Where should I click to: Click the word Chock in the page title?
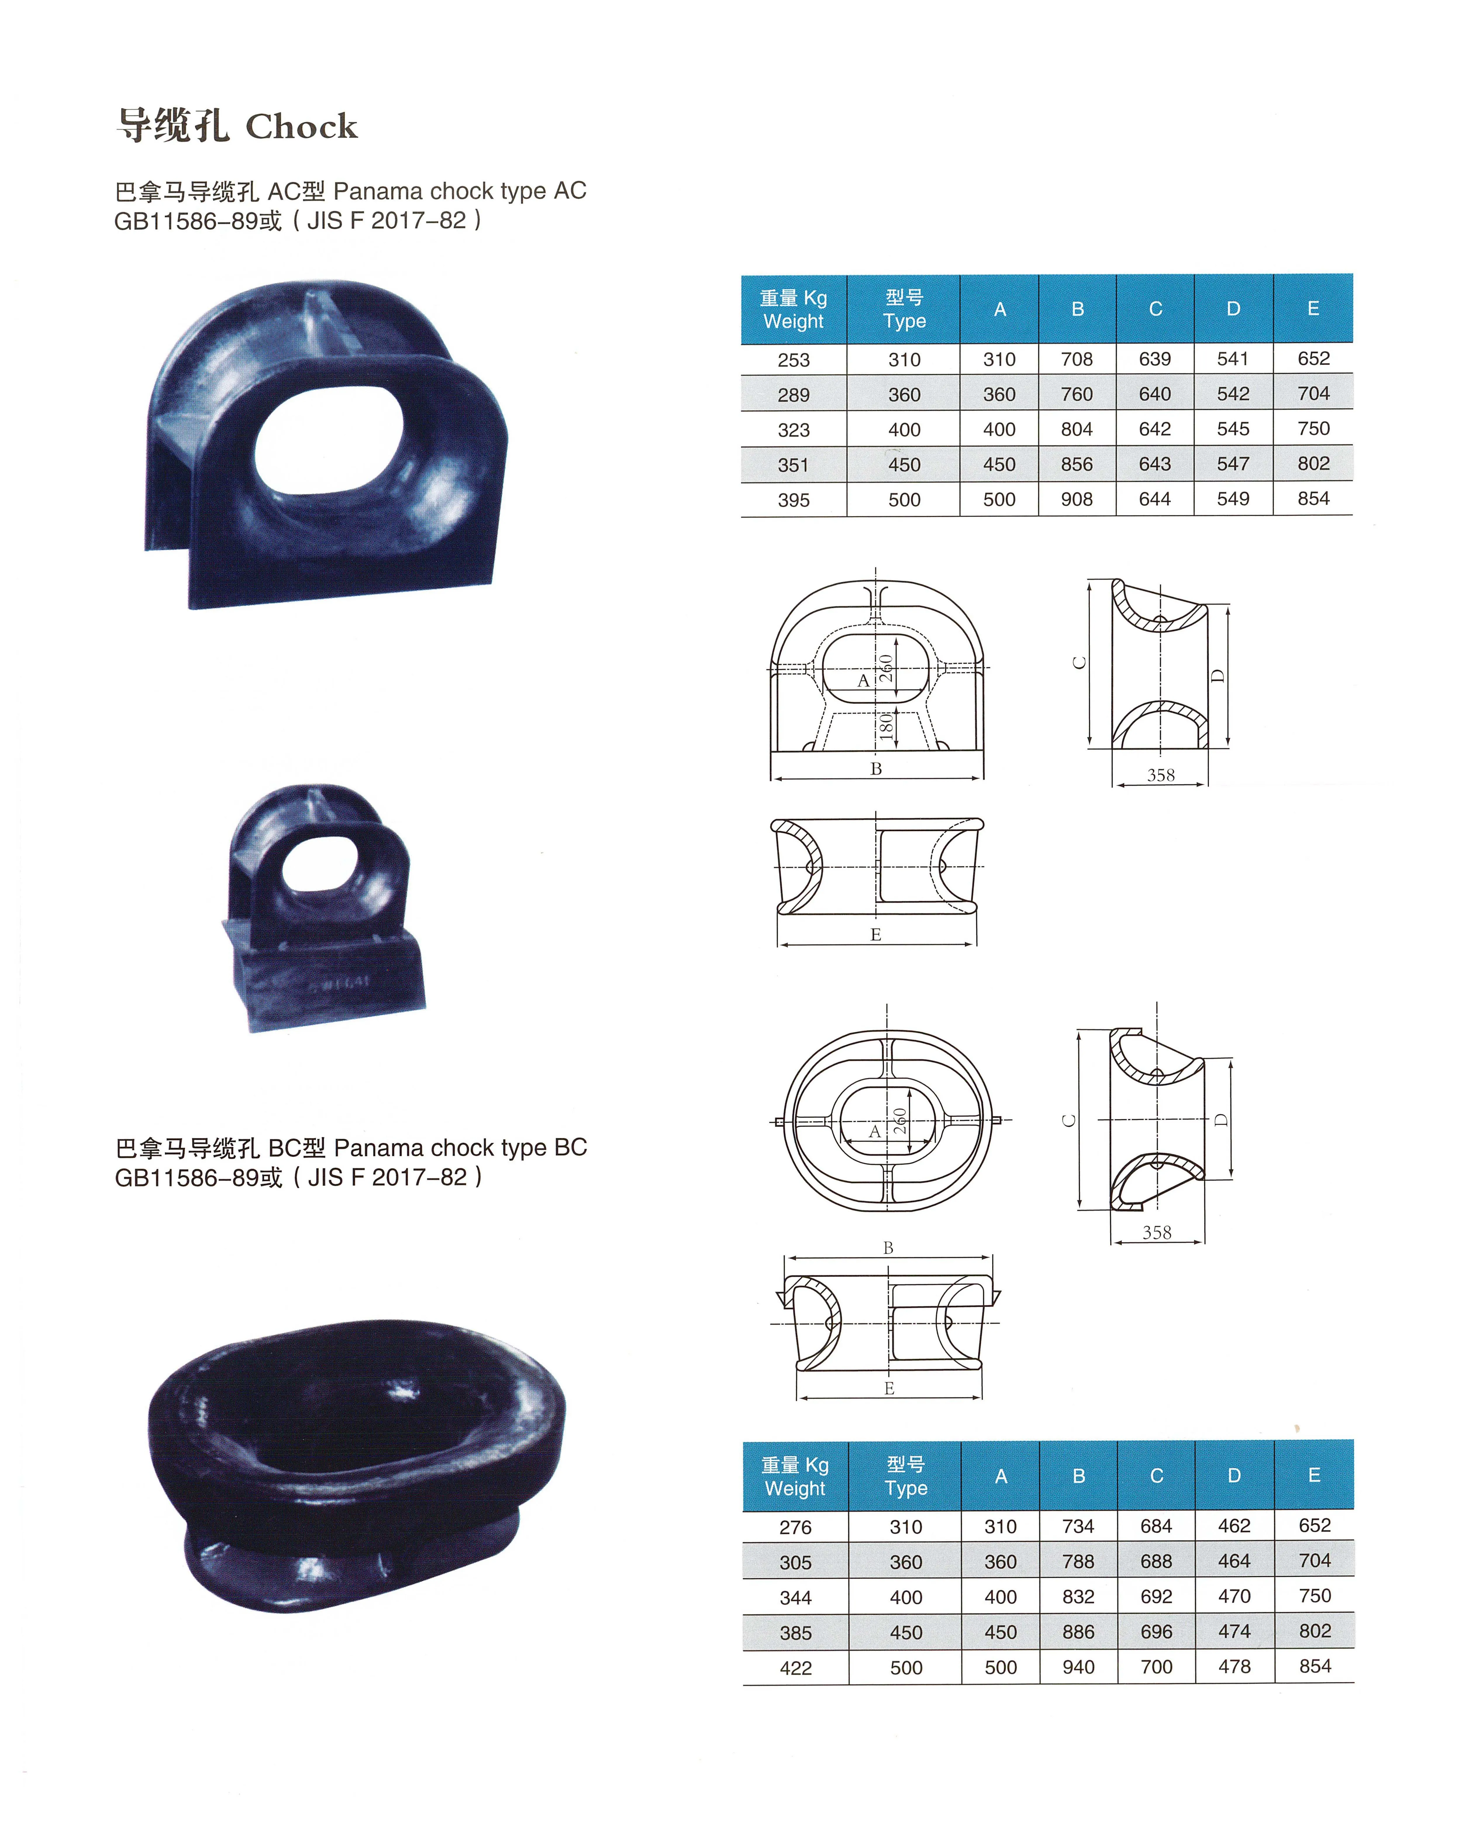[x=301, y=126]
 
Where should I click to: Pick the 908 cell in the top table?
[x=1077, y=499]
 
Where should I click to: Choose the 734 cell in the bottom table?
[x=1078, y=1526]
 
